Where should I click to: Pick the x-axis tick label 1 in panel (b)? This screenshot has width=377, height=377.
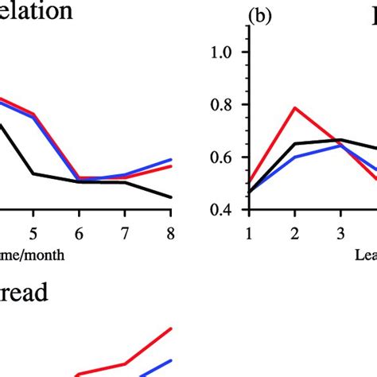point(249,232)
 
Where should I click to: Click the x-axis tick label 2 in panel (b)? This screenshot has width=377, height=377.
point(294,232)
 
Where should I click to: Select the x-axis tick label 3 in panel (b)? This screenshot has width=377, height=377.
point(340,232)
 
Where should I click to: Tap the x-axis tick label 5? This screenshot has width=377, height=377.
point(33,232)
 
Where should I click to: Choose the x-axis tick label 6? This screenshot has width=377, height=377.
point(79,232)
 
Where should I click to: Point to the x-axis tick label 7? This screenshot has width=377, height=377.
point(125,232)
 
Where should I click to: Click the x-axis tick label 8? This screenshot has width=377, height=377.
point(170,232)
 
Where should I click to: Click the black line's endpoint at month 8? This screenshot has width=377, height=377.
point(170,197)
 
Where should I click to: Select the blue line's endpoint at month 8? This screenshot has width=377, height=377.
point(170,160)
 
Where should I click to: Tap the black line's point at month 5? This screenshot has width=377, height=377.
point(33,173)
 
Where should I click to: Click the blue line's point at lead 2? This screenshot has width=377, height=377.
point(295,157)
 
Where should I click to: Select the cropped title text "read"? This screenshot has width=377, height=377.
point(24,293)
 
